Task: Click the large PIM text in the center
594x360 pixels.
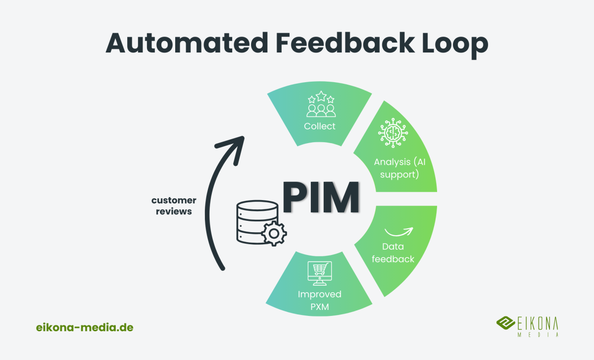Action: (x=321, y=197)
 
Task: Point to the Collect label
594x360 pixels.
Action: (x=319, y=126)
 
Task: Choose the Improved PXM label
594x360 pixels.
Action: (x=319, y=301)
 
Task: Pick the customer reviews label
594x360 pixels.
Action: (x=174, y=206)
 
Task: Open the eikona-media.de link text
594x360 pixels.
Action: (x=85, y=327)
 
